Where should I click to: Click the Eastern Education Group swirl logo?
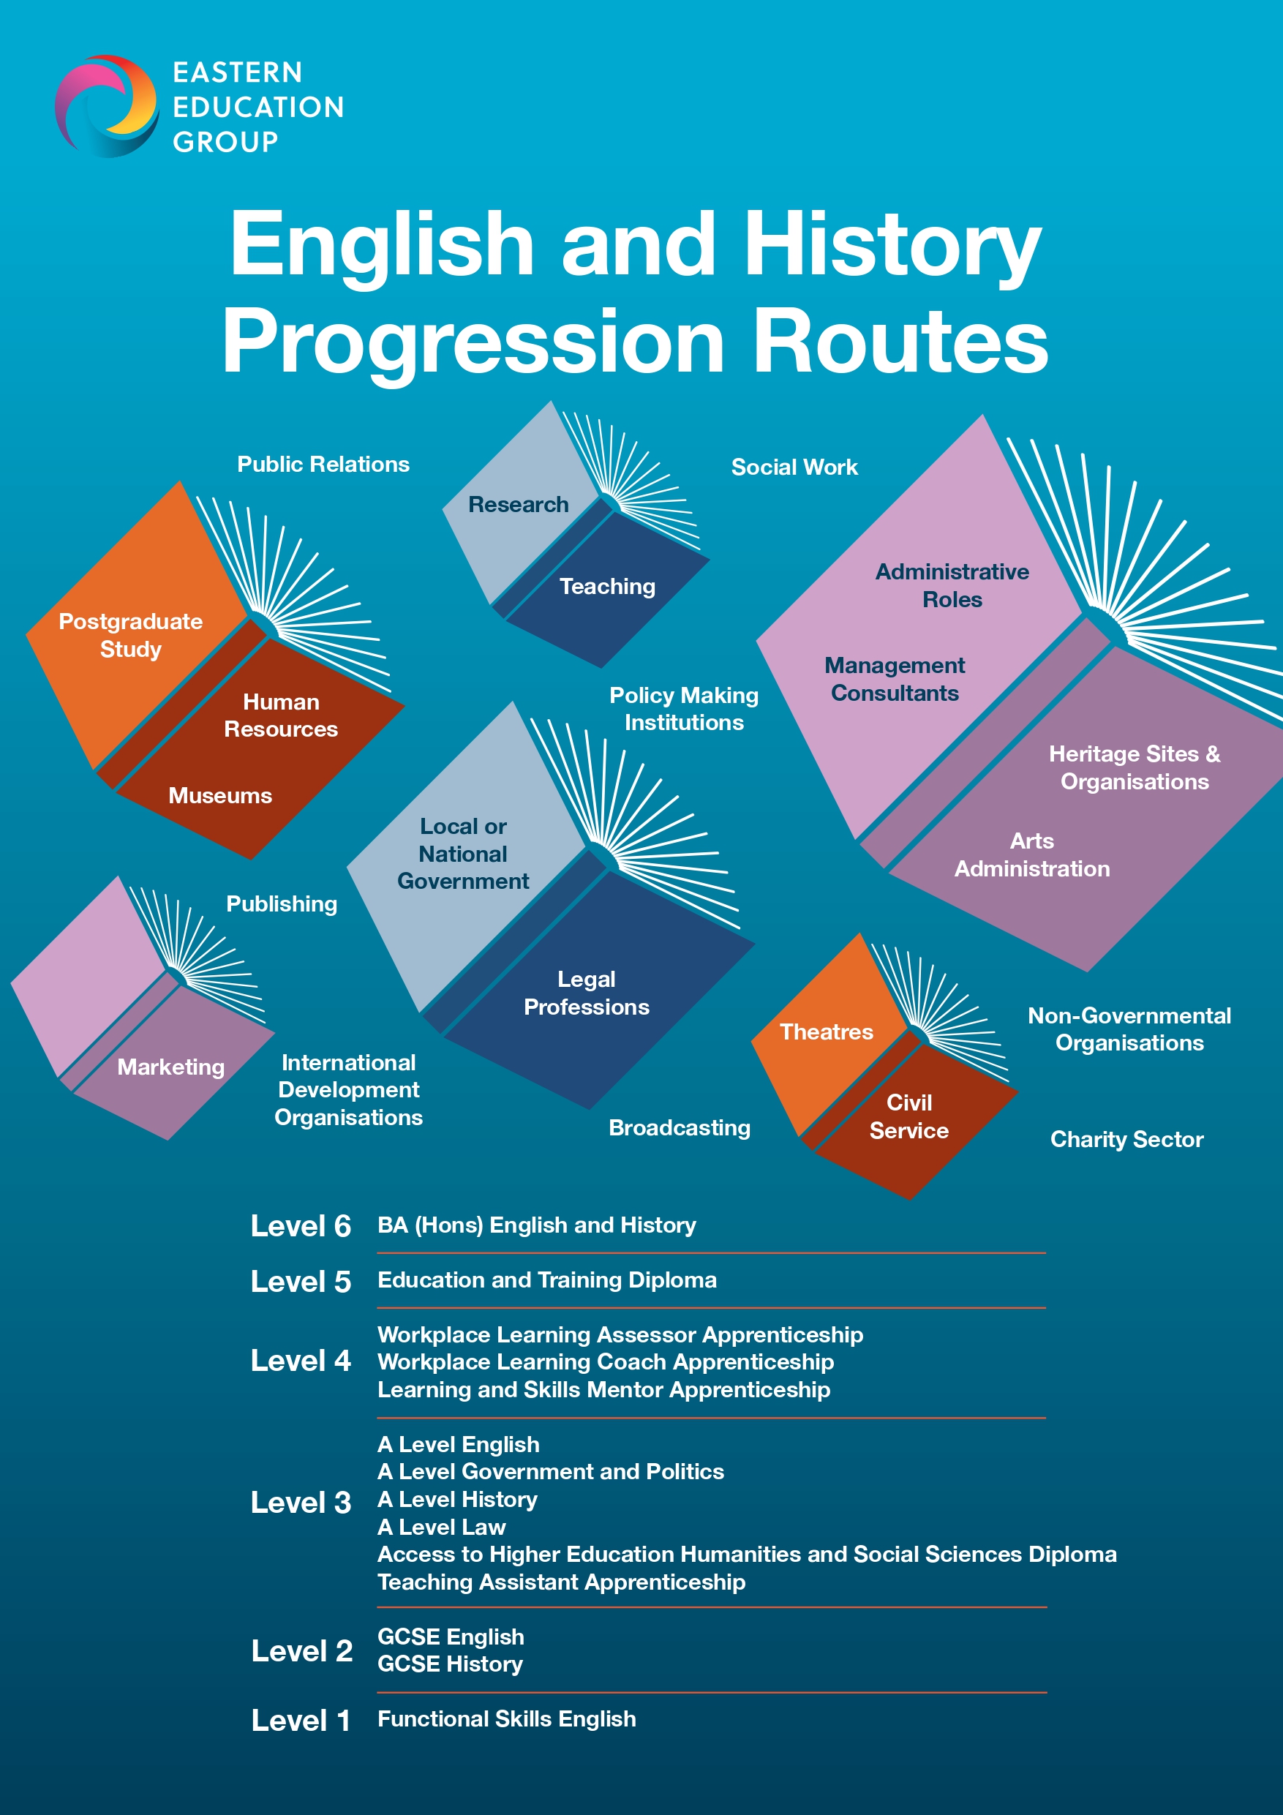point(106,105)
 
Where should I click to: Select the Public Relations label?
point(323,464)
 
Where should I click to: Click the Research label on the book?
point(518,504)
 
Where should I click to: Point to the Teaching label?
point(607,586)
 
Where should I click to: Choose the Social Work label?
point(794,467)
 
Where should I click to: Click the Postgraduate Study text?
point(130,635)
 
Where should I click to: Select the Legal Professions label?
point(586,993)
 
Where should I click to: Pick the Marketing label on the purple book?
point(170,1067)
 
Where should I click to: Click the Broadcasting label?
point(679,1127)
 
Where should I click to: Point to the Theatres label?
point(826,1031)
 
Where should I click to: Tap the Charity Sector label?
point(1126,1139)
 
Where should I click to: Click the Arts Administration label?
point(1031,854)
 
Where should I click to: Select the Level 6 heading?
point(301,1226)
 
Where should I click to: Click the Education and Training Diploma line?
point(547,1279)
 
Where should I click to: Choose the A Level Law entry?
point(441,1527)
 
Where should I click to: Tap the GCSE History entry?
point(450,1664)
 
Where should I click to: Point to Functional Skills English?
point(507,1718)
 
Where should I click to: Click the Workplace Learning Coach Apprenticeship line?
point(606,1362)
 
